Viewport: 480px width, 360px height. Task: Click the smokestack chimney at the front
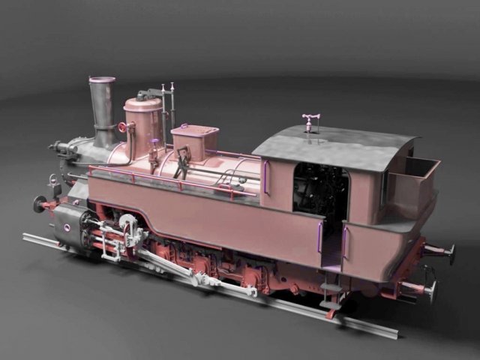(x=102, y=112)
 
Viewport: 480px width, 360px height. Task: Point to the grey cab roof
(x=337, y=146)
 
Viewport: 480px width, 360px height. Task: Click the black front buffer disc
(x=39, y=203)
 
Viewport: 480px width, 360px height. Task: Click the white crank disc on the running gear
(x=128, y=224)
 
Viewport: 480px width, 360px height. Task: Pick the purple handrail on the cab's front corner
(x=265, y=178)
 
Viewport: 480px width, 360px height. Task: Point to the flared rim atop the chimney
(x=102, y=79)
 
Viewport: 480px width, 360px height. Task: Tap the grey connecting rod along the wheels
(x=187, y=274)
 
